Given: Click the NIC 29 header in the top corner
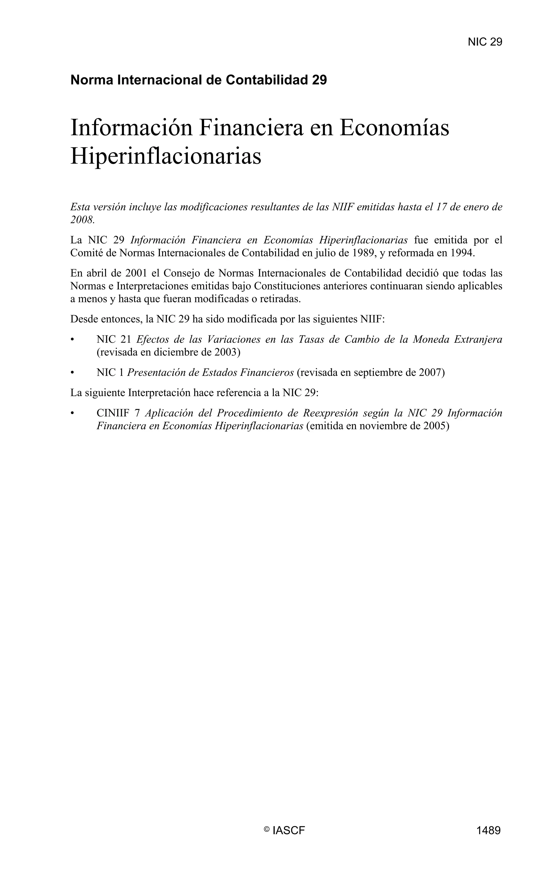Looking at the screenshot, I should pos(485,42).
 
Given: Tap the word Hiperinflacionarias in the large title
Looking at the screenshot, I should pos(166,156).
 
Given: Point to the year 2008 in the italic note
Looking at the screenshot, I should pos(82,220).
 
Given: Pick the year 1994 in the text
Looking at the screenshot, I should pos(462,253).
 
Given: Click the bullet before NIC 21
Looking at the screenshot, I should pos(73,340).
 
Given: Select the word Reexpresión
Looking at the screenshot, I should pos(330,413).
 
